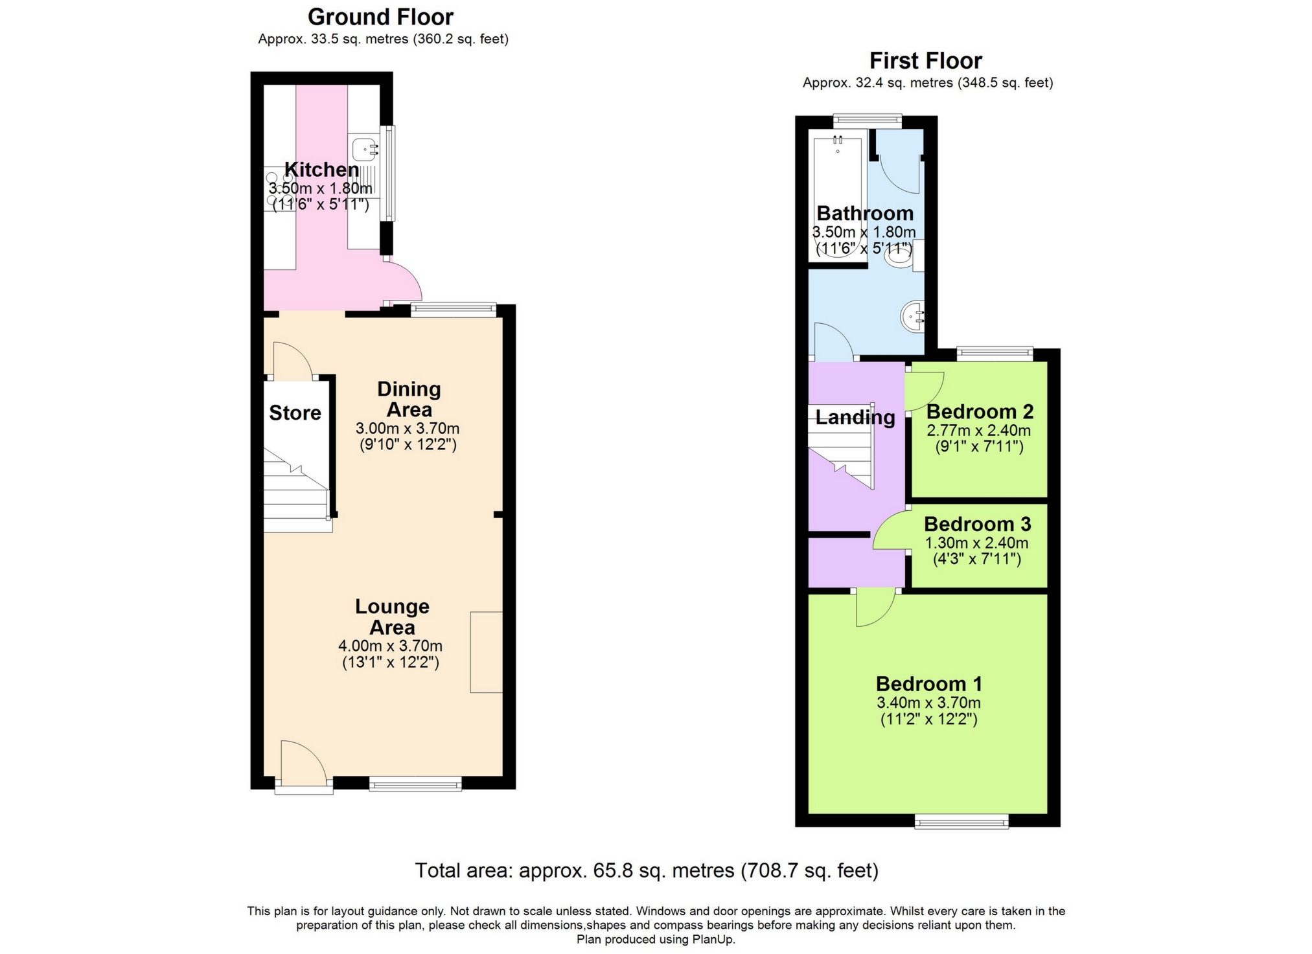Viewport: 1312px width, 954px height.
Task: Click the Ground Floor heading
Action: coord(380,17)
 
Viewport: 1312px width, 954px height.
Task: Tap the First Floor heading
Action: coord(925,61)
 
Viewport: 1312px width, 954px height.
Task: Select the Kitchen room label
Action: coord(321,170)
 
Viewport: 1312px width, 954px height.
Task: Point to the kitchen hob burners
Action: coord(279,188)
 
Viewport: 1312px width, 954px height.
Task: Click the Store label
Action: coord(295,413)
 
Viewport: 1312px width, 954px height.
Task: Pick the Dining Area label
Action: coord(409,399)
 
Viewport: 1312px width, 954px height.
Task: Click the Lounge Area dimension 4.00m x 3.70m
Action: coord(390,646)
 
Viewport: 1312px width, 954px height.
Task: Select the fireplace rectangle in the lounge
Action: coord(486,652)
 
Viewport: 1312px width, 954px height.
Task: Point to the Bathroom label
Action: coord(864,213)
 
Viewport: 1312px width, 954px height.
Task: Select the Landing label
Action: coord(855,417)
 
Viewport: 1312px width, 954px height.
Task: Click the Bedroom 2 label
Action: coord(979,412)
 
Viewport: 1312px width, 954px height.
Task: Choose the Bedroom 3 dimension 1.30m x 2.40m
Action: coord(976,543)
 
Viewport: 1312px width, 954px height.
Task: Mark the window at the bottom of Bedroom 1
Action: coord(961,821)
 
